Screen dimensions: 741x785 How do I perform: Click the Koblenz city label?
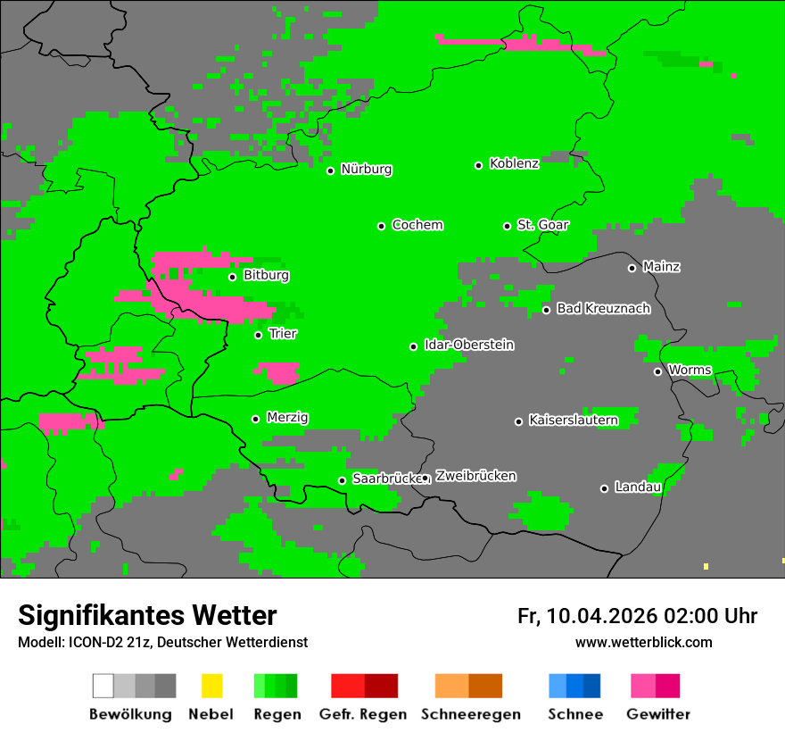coord(514,163)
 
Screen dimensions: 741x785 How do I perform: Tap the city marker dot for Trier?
coord(259,335)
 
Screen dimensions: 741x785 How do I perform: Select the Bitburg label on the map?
coord(266,275)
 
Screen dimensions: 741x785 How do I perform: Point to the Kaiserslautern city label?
coord(573,420)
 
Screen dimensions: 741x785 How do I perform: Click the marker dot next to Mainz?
coord(632,268)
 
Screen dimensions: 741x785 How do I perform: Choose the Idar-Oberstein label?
coord(468,345)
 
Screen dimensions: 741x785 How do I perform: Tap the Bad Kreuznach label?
coord(603,308)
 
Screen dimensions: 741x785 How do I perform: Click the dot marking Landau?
coord(604,488)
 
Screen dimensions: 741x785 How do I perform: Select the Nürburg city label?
coord(366,169)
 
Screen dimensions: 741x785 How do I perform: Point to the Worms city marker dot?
coord(657,371)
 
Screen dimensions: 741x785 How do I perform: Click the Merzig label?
coord(287,417)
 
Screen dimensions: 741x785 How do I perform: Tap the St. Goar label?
coord(542,225)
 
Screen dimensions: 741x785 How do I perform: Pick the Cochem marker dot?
coord(381,226)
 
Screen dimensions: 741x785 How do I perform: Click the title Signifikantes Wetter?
coord(147,615)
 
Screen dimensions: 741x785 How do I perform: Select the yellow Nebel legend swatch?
coord(211,686)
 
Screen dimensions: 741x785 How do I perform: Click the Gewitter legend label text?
coord(658,714)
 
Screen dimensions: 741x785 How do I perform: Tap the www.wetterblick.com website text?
coord(643,642)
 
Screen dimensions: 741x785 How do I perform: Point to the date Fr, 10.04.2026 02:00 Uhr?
coord(637,616)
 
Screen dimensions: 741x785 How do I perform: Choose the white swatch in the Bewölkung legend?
coord(103,686)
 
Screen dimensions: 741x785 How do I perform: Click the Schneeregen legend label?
coord(469,714)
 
